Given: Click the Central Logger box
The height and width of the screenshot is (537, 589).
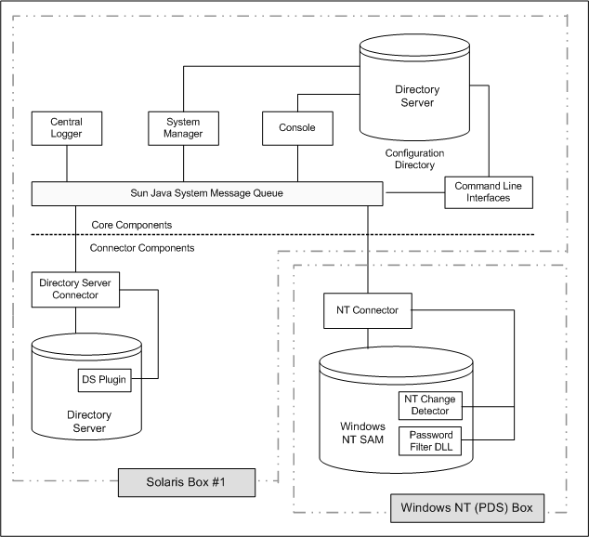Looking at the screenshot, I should coord(66,128).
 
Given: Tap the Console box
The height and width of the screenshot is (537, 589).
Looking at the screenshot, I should coord(296,128).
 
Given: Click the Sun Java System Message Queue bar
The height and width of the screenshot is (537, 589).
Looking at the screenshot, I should coord(207,193).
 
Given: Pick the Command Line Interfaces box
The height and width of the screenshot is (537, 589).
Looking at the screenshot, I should coord(488,191).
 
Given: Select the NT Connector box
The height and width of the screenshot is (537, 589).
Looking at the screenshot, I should coord(367,310).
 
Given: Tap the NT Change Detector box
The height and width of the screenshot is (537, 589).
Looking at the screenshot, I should coord(430,405).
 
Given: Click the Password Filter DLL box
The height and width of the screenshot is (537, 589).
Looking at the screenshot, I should coord(430,440).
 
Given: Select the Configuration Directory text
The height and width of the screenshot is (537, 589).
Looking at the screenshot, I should coord(414,159).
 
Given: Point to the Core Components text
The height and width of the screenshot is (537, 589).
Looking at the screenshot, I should coord(131,226).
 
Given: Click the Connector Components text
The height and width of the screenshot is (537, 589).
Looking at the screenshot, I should coord(142,248).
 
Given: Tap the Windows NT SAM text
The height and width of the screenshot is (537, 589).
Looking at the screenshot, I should coord(360,432).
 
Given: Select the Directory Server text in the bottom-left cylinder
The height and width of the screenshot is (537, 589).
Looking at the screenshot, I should coord(90,421).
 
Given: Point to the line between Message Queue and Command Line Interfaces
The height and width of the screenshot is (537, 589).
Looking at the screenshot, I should coord(413,192).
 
